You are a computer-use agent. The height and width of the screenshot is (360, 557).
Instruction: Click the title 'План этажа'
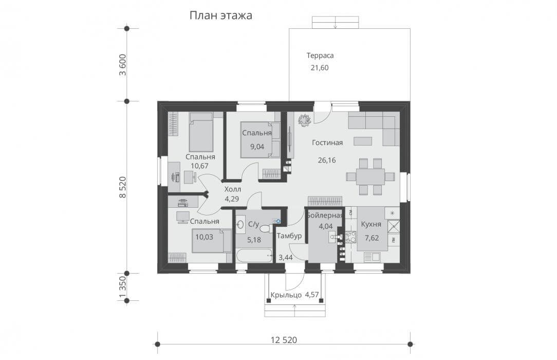click(x=220, y=15)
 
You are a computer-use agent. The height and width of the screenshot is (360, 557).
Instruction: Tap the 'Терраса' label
click(x=320, y=56)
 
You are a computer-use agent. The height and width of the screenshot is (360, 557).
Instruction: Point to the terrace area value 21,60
click(x=320, y=67)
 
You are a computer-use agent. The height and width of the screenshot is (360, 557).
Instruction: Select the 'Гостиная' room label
click(x=327, y=142)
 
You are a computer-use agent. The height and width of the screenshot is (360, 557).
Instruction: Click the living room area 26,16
click(x=327, y=160)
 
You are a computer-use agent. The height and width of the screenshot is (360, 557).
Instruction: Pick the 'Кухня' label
click(x=371, y=224)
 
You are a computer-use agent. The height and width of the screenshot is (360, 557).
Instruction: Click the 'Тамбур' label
click(x=289, y=236)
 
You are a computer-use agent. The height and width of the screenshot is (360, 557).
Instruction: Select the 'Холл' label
click(x=232, y=189)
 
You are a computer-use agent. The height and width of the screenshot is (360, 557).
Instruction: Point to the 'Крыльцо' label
click(x=286, y=295)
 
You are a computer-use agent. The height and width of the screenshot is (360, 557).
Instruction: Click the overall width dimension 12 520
click(x=284, y=340)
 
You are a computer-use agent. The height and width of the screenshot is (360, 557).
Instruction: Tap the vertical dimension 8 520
click(x=123, y=187)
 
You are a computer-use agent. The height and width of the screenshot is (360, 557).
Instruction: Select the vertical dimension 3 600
click(x=123, y=65)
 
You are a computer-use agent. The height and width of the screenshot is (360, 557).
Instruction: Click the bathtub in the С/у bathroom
click(x=254, y=256)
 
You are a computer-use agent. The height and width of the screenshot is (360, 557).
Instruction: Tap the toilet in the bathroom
click(x=267, y=227)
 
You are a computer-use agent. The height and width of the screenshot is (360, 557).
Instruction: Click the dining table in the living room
click(x=370, y=176)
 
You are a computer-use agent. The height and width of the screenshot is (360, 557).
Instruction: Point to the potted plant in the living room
click(x=304, y=120)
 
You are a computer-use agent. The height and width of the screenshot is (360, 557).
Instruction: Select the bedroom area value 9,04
click(x=257, y=146)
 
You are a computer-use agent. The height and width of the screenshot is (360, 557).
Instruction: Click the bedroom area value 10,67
click(x=199, y=166)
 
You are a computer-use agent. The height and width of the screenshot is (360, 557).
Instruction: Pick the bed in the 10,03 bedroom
click(x=212, y=241)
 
